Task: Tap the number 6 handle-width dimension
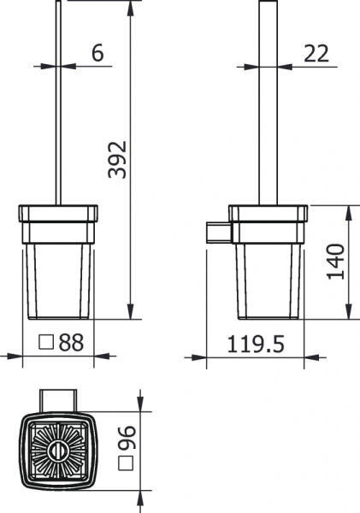(x=97, y=53)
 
